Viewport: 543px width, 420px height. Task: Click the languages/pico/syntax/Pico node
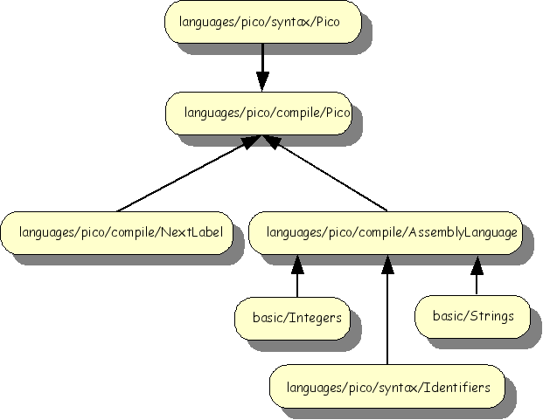(x=262, y=22)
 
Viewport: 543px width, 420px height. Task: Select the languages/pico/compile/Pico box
(x=262, y=113)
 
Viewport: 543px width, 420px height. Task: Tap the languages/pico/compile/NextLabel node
(x=117, y=232)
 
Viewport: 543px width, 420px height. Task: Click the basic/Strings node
(x=473, y=315)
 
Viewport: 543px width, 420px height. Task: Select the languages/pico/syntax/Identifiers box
(x=386, y=386)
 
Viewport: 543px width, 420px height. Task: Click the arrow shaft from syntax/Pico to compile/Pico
(x=262, y=59)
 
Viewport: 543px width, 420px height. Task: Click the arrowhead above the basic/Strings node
(x=476, y=262)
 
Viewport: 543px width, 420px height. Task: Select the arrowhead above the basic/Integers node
(x=297, y=262)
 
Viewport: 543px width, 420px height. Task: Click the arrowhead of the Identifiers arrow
(x=386, y=262)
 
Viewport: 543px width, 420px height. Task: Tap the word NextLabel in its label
(x=190, y=232)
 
